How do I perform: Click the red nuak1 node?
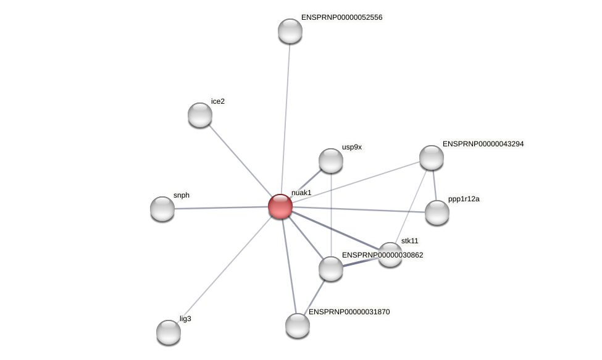tap(280, 206)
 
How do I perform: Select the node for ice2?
tap(199, 115)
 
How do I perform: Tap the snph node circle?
tap(162, 209)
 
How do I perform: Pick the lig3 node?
tap(168, 332)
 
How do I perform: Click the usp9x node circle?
tap(331, 161)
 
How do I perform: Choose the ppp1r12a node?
tap(437, 212)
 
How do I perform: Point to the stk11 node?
tap(390, 254)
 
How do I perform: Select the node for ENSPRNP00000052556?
tap(290, 31)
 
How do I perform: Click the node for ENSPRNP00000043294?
tap(431, 157)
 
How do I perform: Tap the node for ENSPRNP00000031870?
tap(297, 325)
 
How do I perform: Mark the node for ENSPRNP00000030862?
tap(331, 269)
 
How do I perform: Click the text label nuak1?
tap(301, 193)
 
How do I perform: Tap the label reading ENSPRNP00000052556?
tap(341, 17)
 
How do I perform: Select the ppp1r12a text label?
tap(464, 199)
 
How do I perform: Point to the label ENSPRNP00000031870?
tap(349, 312)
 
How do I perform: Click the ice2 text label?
tap(217, 101)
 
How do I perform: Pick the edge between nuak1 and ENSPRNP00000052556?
tap(285, 117)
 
